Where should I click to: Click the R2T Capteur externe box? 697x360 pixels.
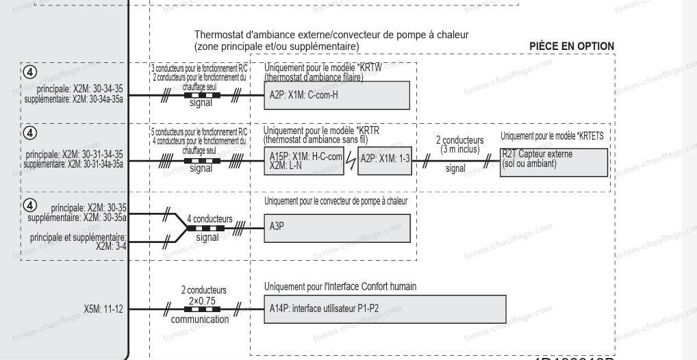[553, 162]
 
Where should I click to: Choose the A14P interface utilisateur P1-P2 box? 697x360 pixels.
[383, 309]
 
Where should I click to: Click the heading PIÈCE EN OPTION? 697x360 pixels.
[572, 47]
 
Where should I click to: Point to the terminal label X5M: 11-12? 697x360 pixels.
[105, 309]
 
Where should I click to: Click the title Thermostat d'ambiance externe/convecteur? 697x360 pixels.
[331, 34]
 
